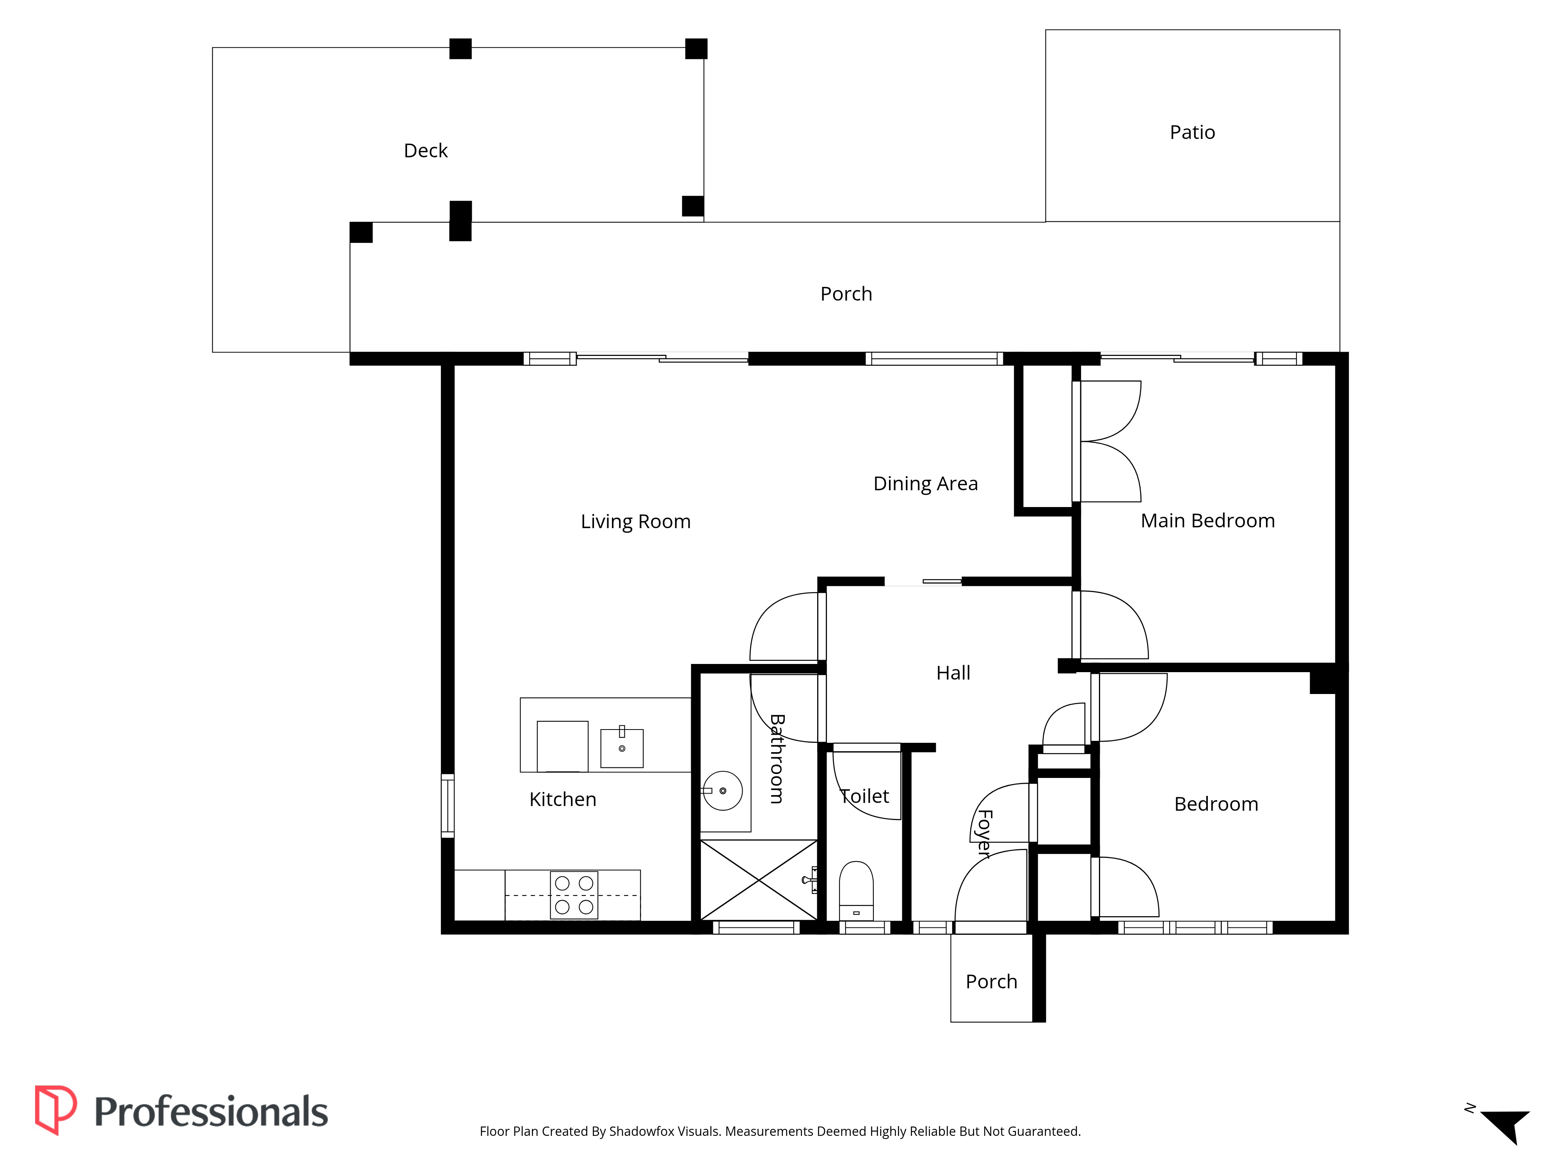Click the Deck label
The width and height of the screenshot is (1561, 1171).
(x=425, y=150)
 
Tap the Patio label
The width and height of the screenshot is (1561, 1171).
(x=1192, y=132)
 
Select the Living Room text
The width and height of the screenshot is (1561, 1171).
(x=635, y=521)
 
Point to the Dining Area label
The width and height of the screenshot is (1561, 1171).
(x=925, y=484)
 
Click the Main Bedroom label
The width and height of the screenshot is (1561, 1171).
(x=1207, y=521)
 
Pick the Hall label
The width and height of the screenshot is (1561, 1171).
(x=953, y=673)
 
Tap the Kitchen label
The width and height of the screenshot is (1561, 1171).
(x=562, y=799)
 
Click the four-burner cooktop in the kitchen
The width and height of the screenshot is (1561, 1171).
(x=574, y=895)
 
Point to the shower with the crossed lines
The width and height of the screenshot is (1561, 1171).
(x=759, y=880)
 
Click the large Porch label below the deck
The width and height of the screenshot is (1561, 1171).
(x=846, y=294)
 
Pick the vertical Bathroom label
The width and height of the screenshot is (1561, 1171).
(x=776, y=759)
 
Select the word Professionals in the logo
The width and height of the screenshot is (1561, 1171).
(x=211, y=1112)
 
